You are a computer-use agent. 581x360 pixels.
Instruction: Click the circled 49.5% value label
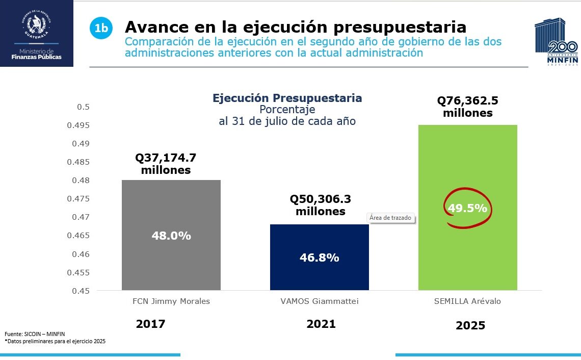coord(467,208)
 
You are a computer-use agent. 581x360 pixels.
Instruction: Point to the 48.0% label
coord(171,236)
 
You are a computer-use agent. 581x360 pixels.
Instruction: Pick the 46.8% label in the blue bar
coord(319,258)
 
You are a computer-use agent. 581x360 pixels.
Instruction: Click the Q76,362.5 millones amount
coord(467,107)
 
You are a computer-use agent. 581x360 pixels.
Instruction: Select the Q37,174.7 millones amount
coord(166,164)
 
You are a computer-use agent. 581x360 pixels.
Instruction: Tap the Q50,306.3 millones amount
coord(321,205)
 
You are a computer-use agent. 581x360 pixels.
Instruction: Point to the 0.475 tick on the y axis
coord(80,199)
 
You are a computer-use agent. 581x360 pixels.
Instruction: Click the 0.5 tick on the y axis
coord(83,107)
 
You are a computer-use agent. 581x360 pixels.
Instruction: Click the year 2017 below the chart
coord(151,324)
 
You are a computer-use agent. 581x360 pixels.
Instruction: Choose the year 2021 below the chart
coord(321,324)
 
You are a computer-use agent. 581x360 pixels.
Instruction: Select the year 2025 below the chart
coord(470,325)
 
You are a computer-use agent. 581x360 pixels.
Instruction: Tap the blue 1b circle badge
coord(101,29)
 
